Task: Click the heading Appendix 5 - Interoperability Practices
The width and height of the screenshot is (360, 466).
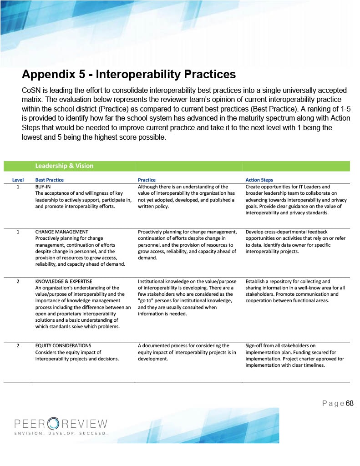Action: pos(129,74)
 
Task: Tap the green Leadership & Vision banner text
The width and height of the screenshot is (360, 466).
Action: pos(64,166)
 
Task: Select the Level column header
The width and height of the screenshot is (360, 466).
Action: pos(18,180)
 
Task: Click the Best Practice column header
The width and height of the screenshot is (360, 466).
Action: pos(49,180)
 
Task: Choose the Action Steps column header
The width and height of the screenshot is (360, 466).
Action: pos(259,180)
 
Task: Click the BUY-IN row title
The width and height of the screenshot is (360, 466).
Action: pos(43,187)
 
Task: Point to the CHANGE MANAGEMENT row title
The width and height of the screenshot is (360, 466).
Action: pos(61,232)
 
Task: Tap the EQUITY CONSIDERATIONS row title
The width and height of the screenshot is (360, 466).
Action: pos(63,346)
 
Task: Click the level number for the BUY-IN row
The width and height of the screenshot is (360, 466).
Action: pos(18,187)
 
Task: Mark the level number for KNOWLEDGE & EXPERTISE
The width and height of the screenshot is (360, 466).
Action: pos(18,281)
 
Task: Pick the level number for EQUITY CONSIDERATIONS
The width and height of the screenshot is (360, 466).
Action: pos(18,346)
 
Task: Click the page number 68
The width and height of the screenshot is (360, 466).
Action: pos(350,404)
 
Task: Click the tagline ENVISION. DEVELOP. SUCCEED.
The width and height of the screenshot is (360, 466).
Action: pos(61,433)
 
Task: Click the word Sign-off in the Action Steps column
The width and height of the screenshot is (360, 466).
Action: pos(256,346)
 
